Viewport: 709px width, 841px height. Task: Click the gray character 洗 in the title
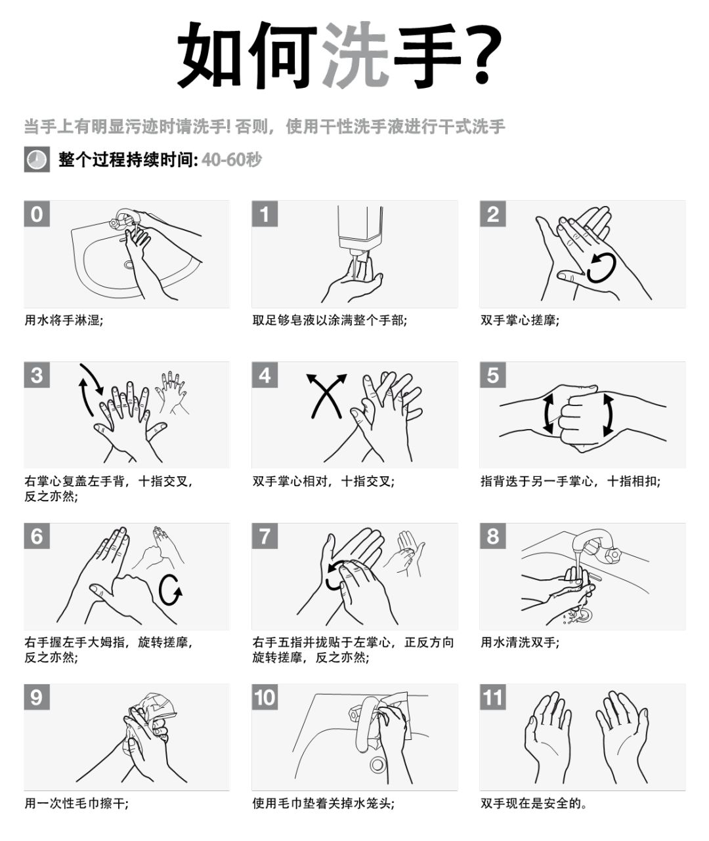point(356,54)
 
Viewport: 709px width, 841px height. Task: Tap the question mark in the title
point(484,54)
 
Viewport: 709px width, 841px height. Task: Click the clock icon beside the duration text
point(37,159)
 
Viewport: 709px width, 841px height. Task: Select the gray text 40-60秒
point(232,159)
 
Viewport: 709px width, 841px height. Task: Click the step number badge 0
point(37,213)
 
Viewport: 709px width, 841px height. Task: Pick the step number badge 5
point(492,375)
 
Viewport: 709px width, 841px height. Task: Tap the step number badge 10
point(265,697)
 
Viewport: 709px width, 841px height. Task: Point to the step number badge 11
point(492,697)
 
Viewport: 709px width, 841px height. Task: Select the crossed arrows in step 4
point(326,396)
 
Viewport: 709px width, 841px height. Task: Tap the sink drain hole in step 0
point(129,264)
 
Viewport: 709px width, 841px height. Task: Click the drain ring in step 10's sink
point(378,764)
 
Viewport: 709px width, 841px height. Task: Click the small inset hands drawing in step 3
point(173,392)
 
